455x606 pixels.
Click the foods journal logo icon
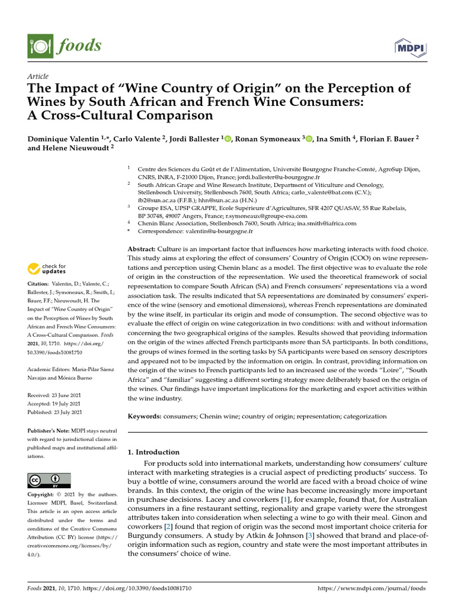tap(37, 46)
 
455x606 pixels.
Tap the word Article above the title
tap(38, 76)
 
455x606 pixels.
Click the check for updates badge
tap(47, 270)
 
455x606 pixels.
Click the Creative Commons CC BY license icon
tap(49, 480)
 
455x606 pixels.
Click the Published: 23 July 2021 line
tap(55, 412)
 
